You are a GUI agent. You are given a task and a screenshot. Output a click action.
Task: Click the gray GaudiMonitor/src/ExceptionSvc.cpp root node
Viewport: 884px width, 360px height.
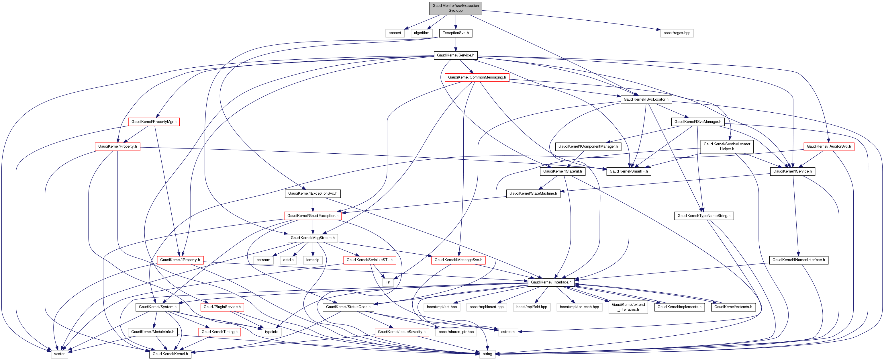coord(455,8)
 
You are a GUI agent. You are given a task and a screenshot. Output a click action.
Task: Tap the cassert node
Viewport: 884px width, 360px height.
coord(395,33)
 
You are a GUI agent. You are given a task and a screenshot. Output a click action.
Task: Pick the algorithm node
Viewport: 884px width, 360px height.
coord(422,33)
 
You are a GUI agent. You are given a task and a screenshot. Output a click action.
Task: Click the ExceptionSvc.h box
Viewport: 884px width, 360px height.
coord(455,33)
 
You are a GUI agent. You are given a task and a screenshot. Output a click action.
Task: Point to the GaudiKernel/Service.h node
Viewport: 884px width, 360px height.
coord(455,55)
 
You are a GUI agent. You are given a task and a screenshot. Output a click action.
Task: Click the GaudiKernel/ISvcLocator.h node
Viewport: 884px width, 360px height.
coord(646,99)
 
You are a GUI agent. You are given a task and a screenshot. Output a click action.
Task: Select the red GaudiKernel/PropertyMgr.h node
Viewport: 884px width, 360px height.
coord(154,122)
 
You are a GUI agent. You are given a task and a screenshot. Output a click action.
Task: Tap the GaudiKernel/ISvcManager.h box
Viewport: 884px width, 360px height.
coord(698,122)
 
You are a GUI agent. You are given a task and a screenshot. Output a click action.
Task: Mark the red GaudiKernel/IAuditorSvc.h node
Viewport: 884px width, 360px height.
coord(828,146)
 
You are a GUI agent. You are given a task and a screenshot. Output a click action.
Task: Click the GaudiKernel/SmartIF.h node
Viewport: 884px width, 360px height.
coord(628,171)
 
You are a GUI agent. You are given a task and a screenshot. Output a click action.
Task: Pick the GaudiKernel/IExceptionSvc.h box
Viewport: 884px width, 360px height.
coord(312,193)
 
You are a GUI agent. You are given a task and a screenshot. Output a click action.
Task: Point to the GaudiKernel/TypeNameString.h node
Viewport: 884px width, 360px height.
coord(703,216)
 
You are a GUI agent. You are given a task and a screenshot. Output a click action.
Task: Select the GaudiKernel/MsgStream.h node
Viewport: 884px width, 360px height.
coord(312,238)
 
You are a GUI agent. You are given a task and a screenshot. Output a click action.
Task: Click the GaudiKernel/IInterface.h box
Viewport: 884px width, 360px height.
coord(551,282)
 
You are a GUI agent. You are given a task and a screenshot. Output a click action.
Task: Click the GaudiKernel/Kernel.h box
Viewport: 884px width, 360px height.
coord(170,354)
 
